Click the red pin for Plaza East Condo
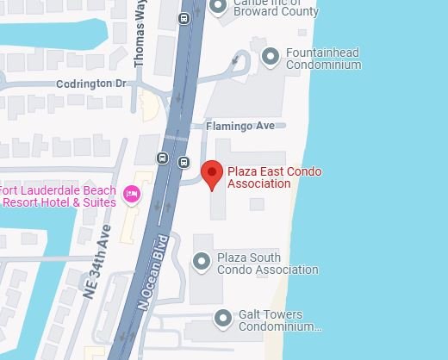pyautogui.click(x=212, y=175)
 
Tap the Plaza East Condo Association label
pyautogui.click(x=274, y=177)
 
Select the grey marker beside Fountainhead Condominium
pyautogui.click(x=271, y=58)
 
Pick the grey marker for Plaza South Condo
pyautogui.click(x=202, y=260)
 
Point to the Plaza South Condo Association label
pyautogui.click(x=267, y=264)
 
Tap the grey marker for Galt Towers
pyautogui.click(x=223, y=319)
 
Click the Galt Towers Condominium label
pyautogui.click(x=279, y=321)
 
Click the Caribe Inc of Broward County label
pyautogui.click(x=276, y=8)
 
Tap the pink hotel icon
pyautogui.click(x=133, y=194)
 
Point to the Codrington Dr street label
pyautogui.click(x=90, y=84)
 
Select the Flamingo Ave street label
pyautogui.click(x=240, y=127)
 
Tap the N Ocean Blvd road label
pyautogui.click(x=151, y=271)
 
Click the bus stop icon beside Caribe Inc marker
pyautogui.click(x=184, y=18)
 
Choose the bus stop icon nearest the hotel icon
pyautogui.click(x=163, y=158)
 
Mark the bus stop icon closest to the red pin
pyautogui.click(x=184, y=162)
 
